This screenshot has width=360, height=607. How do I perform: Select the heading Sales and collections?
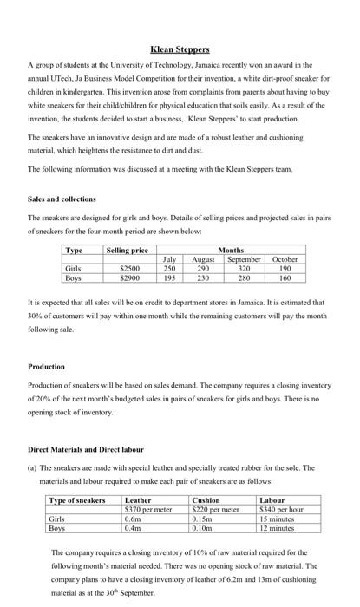pos(62,198)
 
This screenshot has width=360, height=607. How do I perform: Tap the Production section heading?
pos(47,366)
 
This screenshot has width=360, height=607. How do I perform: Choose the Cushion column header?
pos(206,500)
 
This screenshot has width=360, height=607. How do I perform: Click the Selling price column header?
pos(127,250)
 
